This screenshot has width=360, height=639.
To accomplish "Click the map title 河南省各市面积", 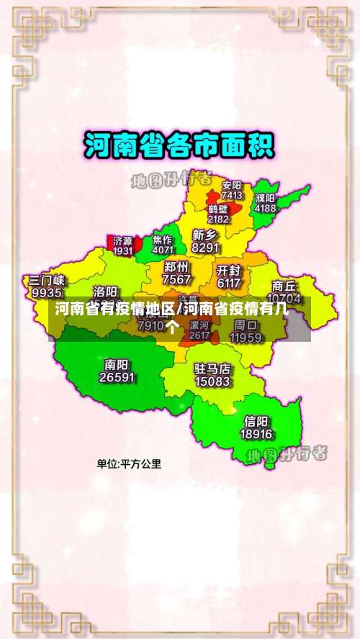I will [x=179, y=146].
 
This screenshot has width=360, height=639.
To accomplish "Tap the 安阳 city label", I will [x=232, y=184].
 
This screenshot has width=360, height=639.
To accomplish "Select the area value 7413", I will [x=232, y=195].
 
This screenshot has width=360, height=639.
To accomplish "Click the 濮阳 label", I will [x=265, y=198].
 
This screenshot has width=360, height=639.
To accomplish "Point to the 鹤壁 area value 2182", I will [x=218, y=219].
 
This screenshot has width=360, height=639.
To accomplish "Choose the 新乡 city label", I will [x=205, y=235].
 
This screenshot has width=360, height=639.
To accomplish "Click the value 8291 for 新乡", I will [x=205, y=248].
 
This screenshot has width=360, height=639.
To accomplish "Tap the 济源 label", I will [x=123, y=240].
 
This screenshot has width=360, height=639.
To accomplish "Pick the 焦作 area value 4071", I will [x=163, y=250].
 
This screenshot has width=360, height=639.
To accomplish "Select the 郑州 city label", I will [x=177, y=267].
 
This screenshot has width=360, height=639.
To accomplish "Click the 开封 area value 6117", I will [x=228, y=283].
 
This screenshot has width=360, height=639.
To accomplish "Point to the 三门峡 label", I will [x=47, y=280].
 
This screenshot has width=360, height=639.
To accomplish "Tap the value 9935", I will [x=47, y=293].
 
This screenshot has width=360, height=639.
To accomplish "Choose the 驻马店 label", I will [x=213, y=368].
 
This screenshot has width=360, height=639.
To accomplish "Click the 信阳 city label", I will [x=256, y=422].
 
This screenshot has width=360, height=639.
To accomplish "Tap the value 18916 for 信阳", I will [x=256, y=435].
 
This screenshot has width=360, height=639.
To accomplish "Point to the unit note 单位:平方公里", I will [x=130, y=464].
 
